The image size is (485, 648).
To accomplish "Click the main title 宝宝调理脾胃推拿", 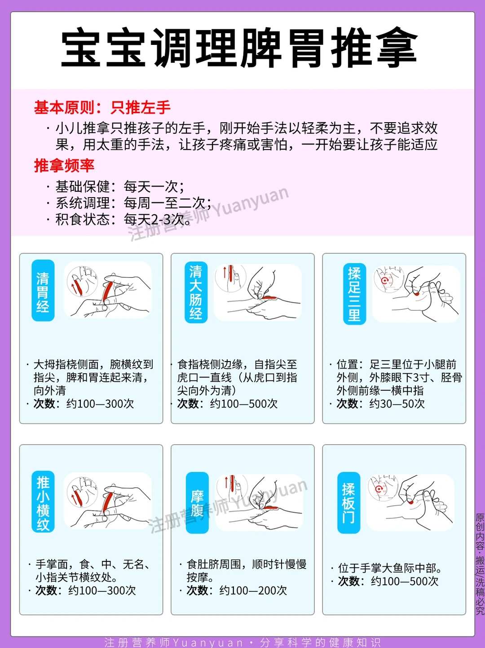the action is pyautogui.click(x=239, y=47).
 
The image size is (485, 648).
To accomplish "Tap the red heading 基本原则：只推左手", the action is pyautogui.click(x=102, y=107).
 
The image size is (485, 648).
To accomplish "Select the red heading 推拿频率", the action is pyautogui.click(x=64, y=165).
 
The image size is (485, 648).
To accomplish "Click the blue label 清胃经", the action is pyautogui.click(x=43, y=290).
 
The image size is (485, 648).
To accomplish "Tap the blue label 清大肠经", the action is pyautogui.click(x=196, y=292).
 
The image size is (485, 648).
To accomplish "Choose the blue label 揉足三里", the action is pyautogui.click(x=354, y=294).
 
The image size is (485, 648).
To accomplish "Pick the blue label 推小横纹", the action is pyautogui.click(x=43, y=502).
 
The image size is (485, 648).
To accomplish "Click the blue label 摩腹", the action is pyautogui.click(x=197, y=503).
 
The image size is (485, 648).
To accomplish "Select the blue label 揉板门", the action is pyautogui.click(x=348, y=503).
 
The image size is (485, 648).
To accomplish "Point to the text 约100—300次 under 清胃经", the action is pyautogui.click(x=100, y=404).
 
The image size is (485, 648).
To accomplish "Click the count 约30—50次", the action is pyautogui.click(x=397, y=404).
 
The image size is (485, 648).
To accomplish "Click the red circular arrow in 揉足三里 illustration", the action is pyautogui.click(x=384, y=280).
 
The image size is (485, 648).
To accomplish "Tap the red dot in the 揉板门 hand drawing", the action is pyautogui.click(x=410, y=502).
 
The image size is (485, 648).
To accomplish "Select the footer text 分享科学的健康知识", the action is pyautogui.click(x=320, y=643).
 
